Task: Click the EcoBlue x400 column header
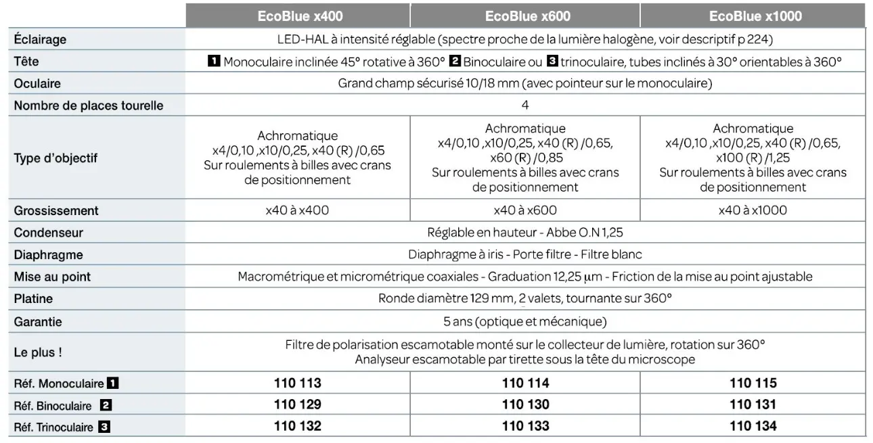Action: [300, 16]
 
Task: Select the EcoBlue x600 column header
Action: [527, 16]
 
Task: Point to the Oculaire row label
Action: [37, 84]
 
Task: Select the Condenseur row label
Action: [48, 233]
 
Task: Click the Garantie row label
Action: [38, 322]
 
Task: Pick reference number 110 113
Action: [298, 383]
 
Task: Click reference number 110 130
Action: [526, 405]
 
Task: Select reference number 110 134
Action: [753, 426]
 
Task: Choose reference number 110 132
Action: [298, 426]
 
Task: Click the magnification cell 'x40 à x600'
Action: [525, 210]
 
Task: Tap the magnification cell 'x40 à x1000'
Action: [753, 210]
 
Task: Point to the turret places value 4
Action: [525, 106]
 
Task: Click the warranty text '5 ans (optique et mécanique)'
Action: [525, 322]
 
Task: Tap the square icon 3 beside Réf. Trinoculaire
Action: [104, 427]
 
